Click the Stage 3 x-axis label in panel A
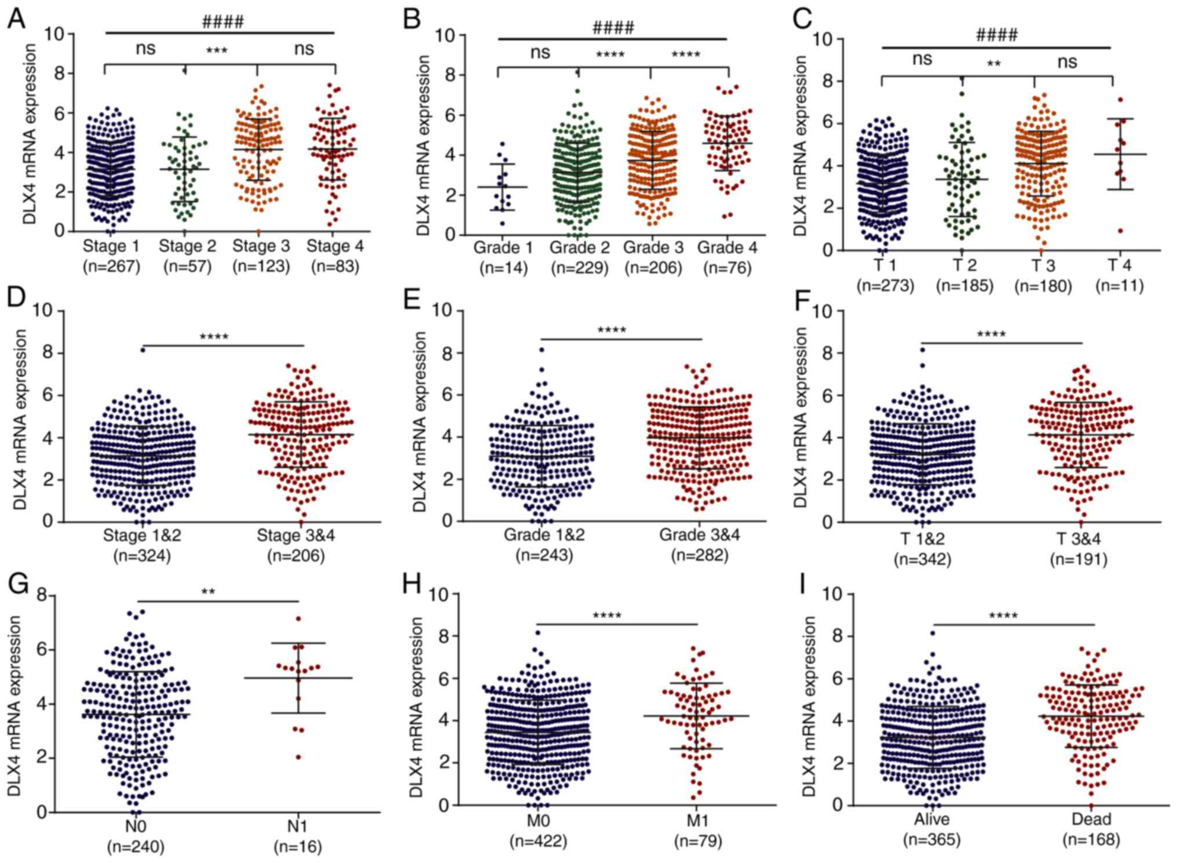coord(261,246)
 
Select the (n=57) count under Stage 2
coord(187,266)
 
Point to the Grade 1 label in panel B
coord(503,247)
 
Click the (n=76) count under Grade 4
coord(727,268)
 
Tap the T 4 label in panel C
coord(1119,265)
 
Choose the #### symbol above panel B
coord(613,27)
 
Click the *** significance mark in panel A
coord(217,51)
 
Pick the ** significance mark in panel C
coord(994,64)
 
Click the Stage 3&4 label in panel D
coord(295,536)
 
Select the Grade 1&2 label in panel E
coord(544,534)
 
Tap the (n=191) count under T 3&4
coord(1079,559)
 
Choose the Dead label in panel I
coord(1091,819)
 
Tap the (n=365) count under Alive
coord(931,839)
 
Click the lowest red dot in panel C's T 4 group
coord(1120,231)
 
